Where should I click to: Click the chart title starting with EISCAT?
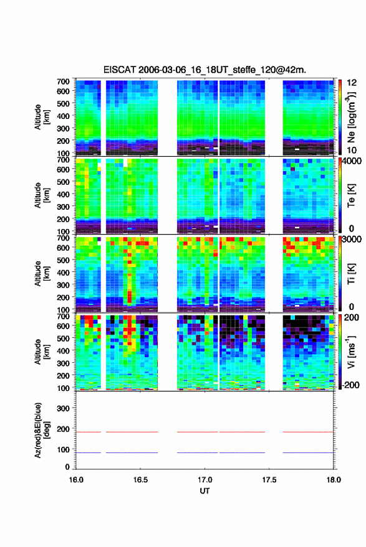[205, 70]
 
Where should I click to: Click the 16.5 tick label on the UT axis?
[140, 480]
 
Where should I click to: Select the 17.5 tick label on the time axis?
[269, 480]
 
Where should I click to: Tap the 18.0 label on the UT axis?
[333, 480]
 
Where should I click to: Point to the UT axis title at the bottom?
[205, 491]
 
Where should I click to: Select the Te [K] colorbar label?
[351, 195]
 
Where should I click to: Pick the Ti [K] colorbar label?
[351, 274]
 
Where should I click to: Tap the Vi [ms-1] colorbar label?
[350, 352]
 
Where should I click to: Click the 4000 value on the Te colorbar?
[351, 162]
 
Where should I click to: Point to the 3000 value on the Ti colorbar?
[352, 240]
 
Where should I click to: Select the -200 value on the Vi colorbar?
[350, 385]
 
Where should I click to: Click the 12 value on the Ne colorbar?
[352, 83]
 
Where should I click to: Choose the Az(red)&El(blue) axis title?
[42, 430]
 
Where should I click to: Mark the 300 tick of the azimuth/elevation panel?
[63, 408]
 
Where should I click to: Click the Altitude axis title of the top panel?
[42, 117]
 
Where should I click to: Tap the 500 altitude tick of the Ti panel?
[63, 260]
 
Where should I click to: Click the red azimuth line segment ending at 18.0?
[308, 432]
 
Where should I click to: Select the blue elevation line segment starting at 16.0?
[89, 452]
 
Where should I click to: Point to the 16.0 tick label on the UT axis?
[76, 480]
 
